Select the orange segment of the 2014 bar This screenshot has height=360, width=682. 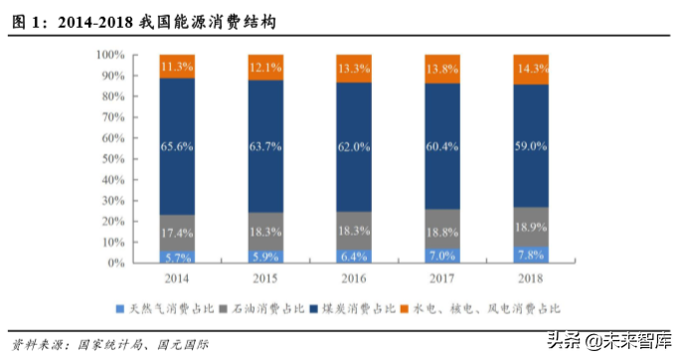click(177, 67)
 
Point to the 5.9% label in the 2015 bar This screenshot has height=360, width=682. click(265, 256)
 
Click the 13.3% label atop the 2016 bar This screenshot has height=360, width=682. click(354, 68)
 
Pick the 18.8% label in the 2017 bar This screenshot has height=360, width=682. click(442, 230)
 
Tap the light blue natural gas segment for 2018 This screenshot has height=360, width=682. click(531, 256)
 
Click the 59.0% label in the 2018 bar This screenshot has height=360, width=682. click(531, 145)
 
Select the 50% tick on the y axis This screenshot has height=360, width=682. click(113, 159)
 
